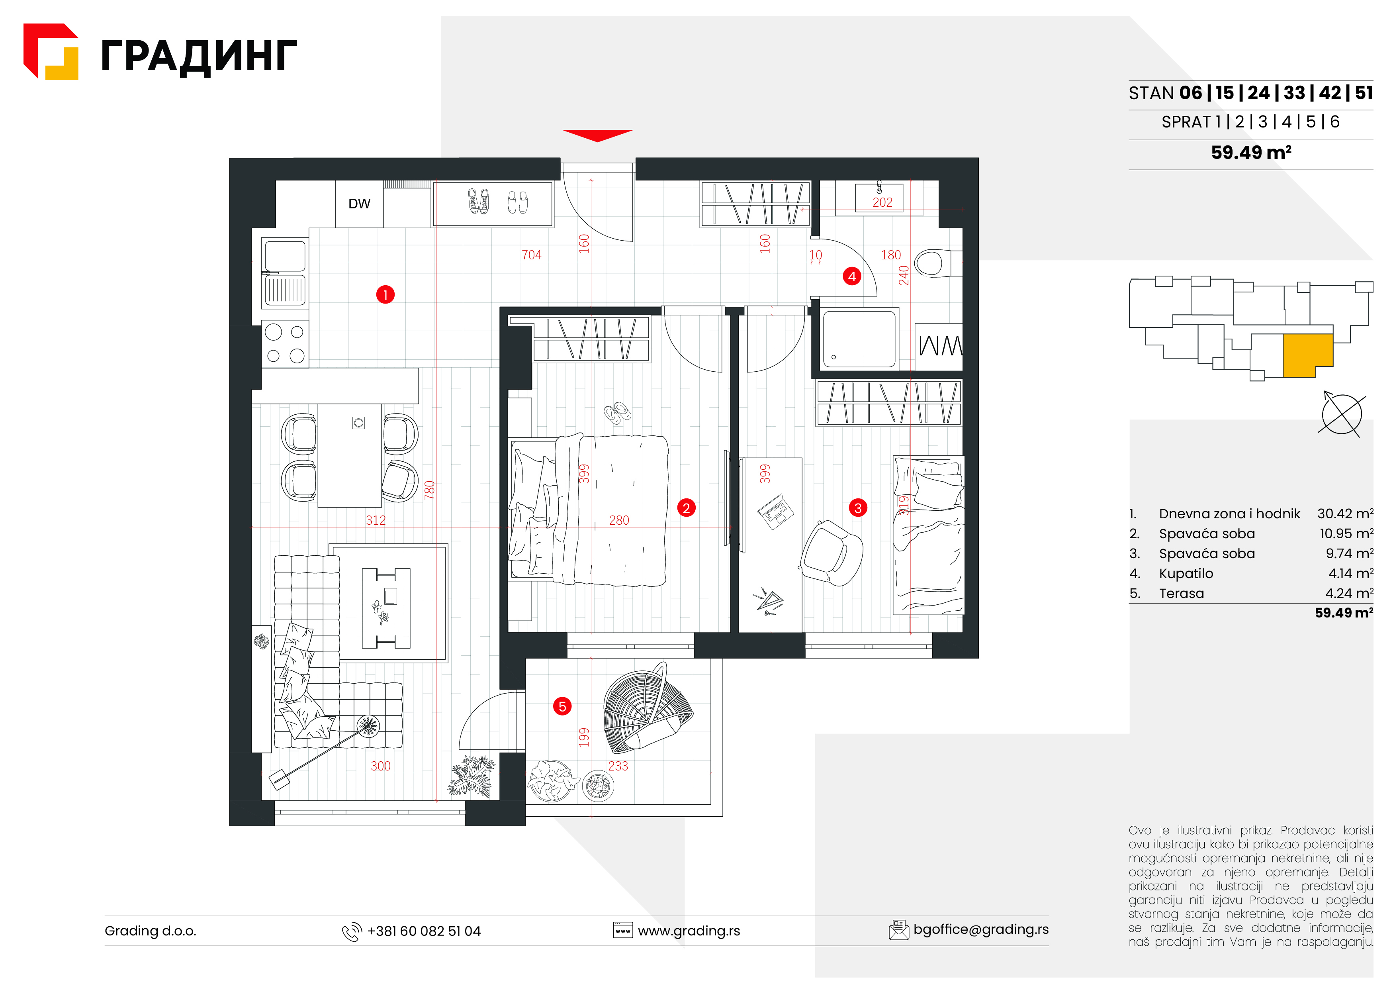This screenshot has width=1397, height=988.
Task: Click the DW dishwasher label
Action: pos(359,204)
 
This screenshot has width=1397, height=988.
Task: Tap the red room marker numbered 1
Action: pos(385,295)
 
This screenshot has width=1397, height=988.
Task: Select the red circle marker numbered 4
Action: pos(852,276)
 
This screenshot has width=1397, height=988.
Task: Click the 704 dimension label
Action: pos(531,255)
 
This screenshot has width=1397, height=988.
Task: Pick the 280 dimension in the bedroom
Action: pos(619,520)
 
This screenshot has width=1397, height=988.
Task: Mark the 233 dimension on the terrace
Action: pos(618,766)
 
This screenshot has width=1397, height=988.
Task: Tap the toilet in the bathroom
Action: pos(937,263)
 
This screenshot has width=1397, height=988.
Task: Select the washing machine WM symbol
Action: pos(939,346)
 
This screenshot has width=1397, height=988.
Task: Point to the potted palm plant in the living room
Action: pos(472,776)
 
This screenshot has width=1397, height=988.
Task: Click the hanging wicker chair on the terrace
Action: pos(647,708)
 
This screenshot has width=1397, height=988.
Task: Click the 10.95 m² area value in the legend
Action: pos(1346,534)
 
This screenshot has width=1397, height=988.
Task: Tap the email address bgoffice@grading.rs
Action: pos(981,929)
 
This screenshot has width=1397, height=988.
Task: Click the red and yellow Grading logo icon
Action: pos(51,52)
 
